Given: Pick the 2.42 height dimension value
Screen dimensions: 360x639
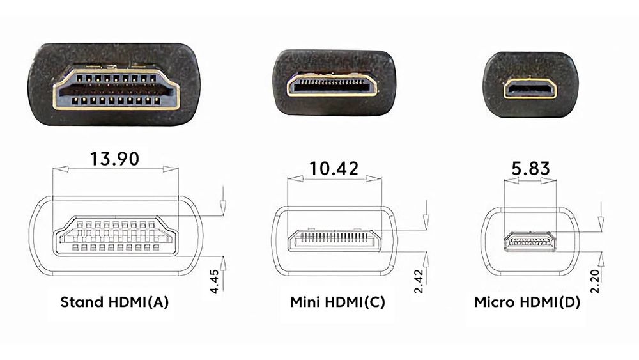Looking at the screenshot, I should (x=419, y=282).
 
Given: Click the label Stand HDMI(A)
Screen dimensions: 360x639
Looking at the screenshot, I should (x=114, y=302).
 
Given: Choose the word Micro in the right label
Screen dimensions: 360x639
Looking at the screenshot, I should (x=492, y=302).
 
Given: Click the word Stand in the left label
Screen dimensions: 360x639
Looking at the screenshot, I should (x=80, y=302).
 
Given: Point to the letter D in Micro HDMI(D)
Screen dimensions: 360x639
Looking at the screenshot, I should (x=569, y=302).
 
